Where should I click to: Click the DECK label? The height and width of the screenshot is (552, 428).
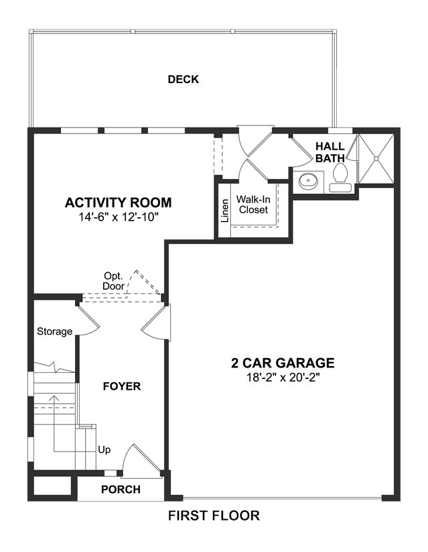(184, 79)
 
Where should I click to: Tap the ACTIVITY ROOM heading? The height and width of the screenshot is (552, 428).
(118, 203)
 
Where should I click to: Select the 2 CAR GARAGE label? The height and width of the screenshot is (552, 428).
(283, 363)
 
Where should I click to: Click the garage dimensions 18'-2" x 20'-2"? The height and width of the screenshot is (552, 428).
(283, 378)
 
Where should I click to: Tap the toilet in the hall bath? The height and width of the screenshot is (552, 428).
(340, 178)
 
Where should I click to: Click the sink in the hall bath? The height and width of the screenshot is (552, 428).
(308, 181)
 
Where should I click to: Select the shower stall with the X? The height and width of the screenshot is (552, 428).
(376, 158)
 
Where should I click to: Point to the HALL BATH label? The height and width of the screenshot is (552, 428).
(330, 152)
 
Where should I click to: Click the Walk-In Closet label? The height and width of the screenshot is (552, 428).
(253, 205)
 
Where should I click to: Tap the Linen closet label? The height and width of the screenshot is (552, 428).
(225, 211)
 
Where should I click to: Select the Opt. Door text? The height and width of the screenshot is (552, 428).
(113, 281)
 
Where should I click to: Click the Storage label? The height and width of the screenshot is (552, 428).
(54, 331)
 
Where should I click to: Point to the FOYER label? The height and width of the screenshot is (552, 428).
(122, 386)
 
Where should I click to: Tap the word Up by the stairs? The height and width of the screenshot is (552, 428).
(104, 450)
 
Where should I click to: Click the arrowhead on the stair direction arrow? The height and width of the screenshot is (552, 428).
(54, 398)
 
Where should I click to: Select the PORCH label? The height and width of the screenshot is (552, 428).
(121, 490)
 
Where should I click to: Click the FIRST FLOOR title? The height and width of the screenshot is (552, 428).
(214, 516)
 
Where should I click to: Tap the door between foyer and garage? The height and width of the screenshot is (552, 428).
(156, 323)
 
